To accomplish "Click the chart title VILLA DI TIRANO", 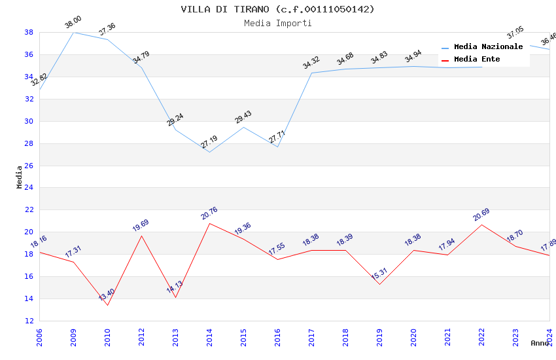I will (277, 9).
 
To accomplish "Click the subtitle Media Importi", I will (277, 23).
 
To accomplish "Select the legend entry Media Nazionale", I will (488, 46).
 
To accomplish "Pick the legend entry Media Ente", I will (476, 59).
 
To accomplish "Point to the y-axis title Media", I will (20, 177).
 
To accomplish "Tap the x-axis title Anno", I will (540, 342).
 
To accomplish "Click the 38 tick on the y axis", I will (29, 32).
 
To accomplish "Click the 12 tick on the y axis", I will (29, 321).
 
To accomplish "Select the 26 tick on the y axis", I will (29, 166).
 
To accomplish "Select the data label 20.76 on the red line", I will (209, 213).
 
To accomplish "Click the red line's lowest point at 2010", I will (107, 305).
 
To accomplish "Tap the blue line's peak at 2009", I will (73, 32).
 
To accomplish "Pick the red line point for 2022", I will (481, 225).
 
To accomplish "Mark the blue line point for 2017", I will (311, 73).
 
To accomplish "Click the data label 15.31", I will (379, 274).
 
